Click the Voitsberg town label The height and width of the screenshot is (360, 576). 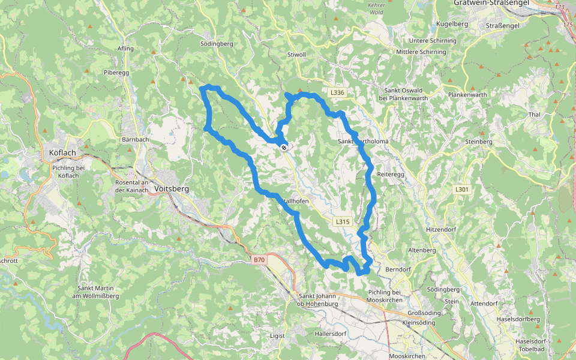(172, 188)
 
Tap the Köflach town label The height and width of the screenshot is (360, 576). (62, 153)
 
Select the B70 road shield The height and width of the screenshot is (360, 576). (259, 260)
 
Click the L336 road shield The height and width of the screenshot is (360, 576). (337, 92)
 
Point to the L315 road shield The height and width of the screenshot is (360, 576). (342, 221)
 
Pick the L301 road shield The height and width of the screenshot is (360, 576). (461, 189)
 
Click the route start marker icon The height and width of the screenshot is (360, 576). (283, 146)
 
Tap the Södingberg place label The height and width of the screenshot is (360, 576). (216, 44)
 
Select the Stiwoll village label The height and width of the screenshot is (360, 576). (296, 55)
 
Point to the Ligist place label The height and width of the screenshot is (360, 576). (277, 335)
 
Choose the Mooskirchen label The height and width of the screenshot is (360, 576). (407, 356)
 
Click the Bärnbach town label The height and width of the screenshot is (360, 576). (135, 139)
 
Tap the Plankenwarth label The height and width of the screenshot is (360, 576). (467, 95)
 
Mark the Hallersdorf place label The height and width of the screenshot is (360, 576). (331, 333)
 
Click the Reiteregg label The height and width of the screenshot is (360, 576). (392, 173)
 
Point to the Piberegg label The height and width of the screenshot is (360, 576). (116, 72)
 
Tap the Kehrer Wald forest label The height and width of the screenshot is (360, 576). (376, 7)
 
